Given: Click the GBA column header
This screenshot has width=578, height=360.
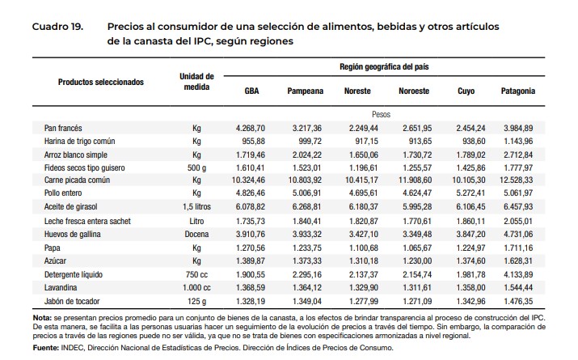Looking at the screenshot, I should click(x=251, y=91).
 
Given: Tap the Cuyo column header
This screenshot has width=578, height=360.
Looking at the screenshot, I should click(x=466, y=91).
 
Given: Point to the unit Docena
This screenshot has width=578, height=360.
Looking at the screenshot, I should click(x=196, y=233).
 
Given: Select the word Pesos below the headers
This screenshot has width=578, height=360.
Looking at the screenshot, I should click(x=382, y=115).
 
